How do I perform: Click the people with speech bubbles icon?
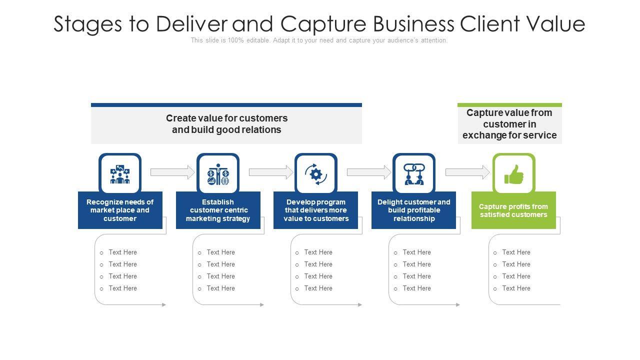pyautogui.click(x=120, y=174)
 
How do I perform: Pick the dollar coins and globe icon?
pyautogui.click(x=218, y=174)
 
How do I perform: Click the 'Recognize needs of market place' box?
pyautogui.click(x=120, y=210)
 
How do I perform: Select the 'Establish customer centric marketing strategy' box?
pyautogui.click(x=218, y=210)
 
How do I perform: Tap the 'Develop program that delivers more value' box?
pyautogui.click(x=316, y=210)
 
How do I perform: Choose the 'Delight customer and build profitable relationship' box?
pyautogui.click(x=414, y=210)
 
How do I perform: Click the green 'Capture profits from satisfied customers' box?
pyautogui.click(x=513, y=210)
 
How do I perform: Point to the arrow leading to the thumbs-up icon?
pyautogui.click(x=467, y=172)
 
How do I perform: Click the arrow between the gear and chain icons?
pyautogui.click(x=369, y=172)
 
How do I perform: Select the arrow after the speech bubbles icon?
pyautogui.click(x=172, y=172)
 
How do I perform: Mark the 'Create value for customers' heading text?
pyautogui.click(x=226, y=124)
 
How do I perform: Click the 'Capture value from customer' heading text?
pyautogui.click(x=509, y=124)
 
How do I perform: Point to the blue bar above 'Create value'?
pyautogui.click(x=226, y=105)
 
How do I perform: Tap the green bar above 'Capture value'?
pyautogui.click(x=509, y=105)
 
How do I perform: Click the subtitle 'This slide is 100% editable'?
pyautogui.click(x=319, y=40)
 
